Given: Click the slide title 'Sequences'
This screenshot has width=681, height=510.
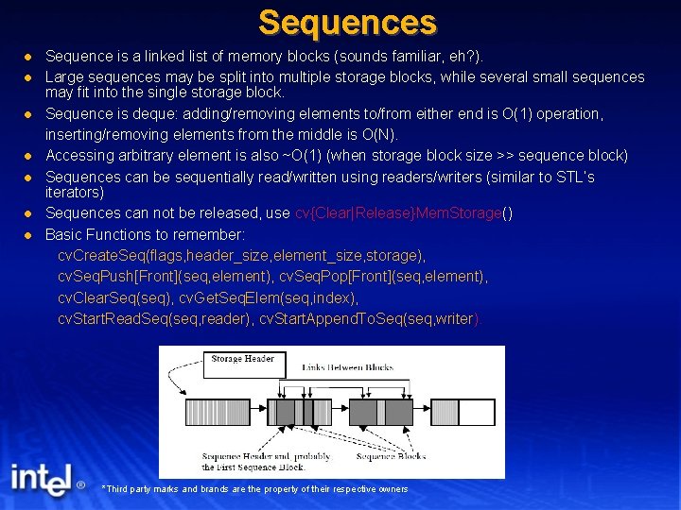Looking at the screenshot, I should (347, 22).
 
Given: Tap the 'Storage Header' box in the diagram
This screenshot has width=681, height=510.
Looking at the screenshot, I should (241, 359).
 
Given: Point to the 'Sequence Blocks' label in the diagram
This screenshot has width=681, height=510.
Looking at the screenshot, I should (391, 456).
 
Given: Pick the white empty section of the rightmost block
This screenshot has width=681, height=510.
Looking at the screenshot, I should (477, 412).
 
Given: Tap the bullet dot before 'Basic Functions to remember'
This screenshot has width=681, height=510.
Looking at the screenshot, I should (29, 234).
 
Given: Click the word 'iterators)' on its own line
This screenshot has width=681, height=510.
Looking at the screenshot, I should (75, 192).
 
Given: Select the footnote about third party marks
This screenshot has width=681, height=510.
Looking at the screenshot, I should (254, 489).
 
